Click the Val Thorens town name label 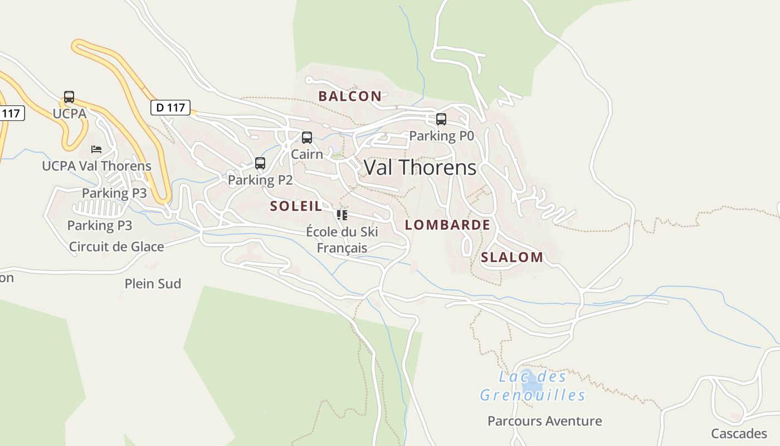420,168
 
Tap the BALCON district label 350,96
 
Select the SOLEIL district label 296,206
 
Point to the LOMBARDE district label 447,225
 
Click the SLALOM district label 511,258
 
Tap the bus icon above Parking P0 441,119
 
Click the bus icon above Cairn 307,138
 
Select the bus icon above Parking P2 260,163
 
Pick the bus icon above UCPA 69,97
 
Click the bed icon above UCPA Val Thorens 96,149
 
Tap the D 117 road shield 170,108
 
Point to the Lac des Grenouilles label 533,386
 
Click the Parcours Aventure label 544,421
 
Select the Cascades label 739,433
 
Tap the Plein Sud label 153,284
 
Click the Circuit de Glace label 116,246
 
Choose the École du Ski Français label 342,240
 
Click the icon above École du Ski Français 342,215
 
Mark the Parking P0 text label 441,136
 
